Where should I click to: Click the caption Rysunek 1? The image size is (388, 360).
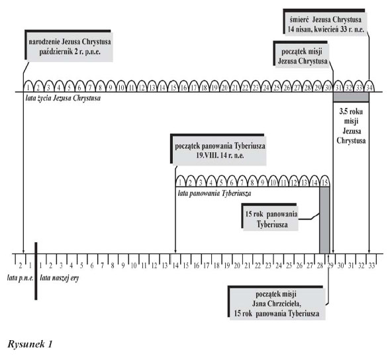coord(30,344)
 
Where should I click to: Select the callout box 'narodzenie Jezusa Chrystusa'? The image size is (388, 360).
coord(70,46)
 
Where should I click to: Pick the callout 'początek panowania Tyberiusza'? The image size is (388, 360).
coord(219,150)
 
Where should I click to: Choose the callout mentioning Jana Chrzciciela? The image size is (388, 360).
coord(277,303)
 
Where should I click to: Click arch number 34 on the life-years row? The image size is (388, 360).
coord(369,86)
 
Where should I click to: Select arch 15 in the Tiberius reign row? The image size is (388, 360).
coord(324,182)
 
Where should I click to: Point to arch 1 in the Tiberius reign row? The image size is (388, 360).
coord(180,182)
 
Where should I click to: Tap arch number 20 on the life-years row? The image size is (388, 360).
coord(224,86)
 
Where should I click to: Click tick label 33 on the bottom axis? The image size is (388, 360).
coord(371,266)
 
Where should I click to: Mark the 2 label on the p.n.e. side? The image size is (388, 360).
coord(21,266)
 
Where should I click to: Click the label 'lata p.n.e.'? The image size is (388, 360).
coord(21,278)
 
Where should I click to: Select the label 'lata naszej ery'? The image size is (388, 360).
coord(60,278)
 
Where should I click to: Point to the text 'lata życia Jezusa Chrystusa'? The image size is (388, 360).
coord(63,98)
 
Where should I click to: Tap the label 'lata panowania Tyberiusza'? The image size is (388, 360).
coord(215,193)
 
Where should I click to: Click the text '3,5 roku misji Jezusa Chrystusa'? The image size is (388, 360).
coord(351,126)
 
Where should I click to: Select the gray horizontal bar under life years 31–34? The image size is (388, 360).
coord(351,97)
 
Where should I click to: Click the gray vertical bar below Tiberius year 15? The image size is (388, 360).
coord(324,220)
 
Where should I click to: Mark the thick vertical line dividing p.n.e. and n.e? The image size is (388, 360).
coord(36,271)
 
